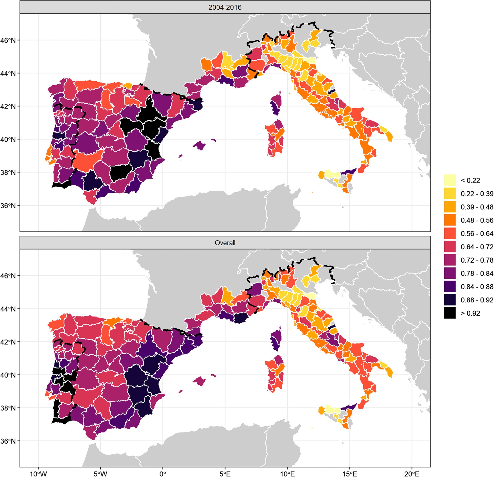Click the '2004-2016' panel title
(225, 8)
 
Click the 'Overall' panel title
(225, 243)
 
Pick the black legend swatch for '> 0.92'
(450, 313)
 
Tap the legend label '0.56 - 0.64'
(477, 234)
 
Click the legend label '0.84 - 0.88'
(477, 287)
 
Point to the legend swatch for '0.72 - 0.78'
(450, 260)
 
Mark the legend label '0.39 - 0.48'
(477, 207)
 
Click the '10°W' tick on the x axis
(38, 474)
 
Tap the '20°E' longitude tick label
(412, 474)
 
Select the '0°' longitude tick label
(163, 474)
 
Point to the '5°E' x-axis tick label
(225, 474)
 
